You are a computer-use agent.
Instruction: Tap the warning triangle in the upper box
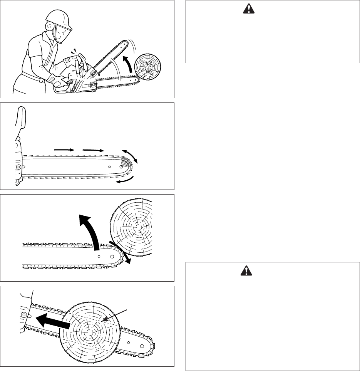pyautogui.click(x=246, y=10)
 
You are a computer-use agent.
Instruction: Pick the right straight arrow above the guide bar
pyautogui.click(x=93, y=148)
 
